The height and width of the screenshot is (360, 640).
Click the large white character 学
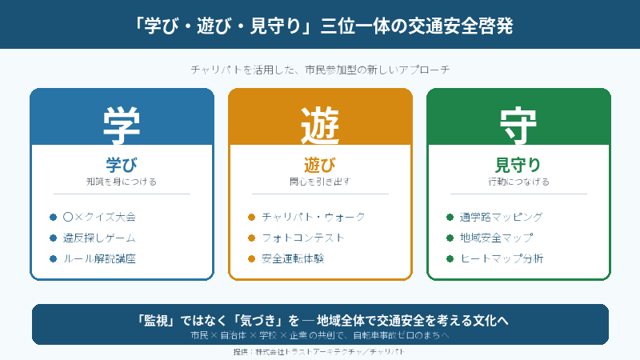122,122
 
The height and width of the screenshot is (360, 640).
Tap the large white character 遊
320,122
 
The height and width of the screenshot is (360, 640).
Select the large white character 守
518,122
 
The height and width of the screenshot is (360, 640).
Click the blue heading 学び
122,165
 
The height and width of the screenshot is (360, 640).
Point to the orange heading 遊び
320,165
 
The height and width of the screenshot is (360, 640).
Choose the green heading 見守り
518,165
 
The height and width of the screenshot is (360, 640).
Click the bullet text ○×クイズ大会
99,217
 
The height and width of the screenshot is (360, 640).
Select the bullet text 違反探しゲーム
99,238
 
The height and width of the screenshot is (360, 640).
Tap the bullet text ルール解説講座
99,258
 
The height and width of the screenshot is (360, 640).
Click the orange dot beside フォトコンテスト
251,238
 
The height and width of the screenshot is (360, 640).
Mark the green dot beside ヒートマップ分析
450,258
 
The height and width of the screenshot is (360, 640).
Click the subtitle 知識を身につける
122,182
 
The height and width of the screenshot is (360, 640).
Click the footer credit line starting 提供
320,351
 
